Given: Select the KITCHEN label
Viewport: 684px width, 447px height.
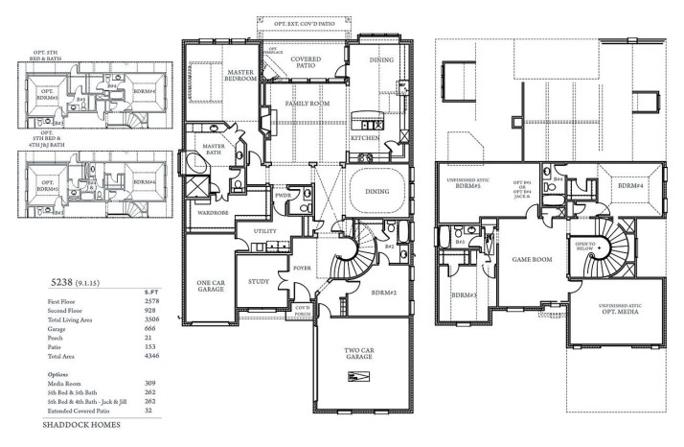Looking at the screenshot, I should pyautogui.click(x=368, y=138).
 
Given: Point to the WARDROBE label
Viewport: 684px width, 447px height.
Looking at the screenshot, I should pyautogui.click(x=212, y=212).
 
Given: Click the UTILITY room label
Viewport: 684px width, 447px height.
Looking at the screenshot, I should pyautogui.click(x=264, y=231).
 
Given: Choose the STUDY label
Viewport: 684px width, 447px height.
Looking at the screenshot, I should pyautogui.click(x=259, y=282).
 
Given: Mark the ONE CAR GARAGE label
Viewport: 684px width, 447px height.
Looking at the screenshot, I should pyautogui.click(x=210, y=286).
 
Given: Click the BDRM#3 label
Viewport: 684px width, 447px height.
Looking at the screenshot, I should pyautogui.click(x=465, y=294).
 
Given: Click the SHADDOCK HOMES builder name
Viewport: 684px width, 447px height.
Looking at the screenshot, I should pyautogui.click(x=81, y=422).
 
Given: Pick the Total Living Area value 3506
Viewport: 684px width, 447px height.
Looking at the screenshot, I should pyautogui.click(x=149, y=318).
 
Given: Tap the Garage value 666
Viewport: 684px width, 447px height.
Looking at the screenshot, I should pyautogui.click(x=149, y=327).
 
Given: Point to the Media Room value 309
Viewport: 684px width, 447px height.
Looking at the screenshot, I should pyautogui.click(x=149, y=382).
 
